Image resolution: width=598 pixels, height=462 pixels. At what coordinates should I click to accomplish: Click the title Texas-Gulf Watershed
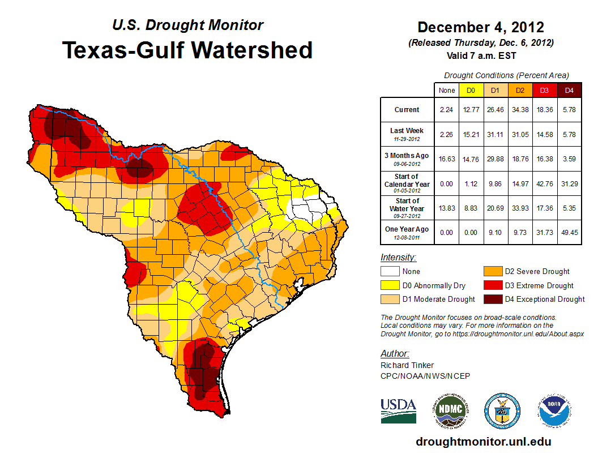pyautogui.click(x=187, y=50)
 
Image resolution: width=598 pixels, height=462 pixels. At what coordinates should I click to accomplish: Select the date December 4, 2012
pyautogui.click(x=481, y=28)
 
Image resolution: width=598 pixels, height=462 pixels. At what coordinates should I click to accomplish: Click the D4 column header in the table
pyautogui.click(x=569, y=91)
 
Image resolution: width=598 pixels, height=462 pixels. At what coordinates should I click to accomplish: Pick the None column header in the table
pyautogui.click(x=447, y=91)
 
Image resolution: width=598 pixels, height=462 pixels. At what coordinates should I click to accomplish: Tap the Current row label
pyautogui.click(x=407, y=110)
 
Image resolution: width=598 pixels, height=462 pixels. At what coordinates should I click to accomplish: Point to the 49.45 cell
pyautogui.click(x=569, y=232)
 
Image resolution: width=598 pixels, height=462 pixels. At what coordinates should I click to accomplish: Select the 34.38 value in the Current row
pyautogui.click(x=519, y=110)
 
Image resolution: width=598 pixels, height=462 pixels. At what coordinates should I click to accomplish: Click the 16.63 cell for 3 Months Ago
pyautogui.click(x=447, y=159)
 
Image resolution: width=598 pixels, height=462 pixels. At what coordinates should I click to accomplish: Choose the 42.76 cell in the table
pyautogui.click(x=544, y=184)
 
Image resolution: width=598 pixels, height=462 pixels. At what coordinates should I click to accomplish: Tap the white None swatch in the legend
pyautogui.click(x=390, y=272)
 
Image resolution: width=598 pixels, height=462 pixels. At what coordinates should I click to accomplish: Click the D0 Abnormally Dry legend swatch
pyautogui.click(x=390, y=285)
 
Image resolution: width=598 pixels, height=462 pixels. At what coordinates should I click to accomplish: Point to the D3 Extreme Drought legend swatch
pyautogui.click(x=492, y=285)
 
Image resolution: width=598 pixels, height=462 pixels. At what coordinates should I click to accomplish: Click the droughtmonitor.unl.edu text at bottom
pyautogui.click(x=483, y=442)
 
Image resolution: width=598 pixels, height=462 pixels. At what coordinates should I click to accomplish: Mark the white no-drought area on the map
pyautogui.click(x=306, y=210)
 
